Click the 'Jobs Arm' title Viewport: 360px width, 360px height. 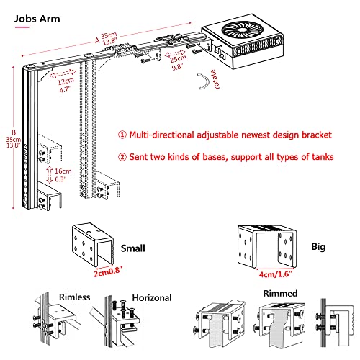click(x=37, y=19)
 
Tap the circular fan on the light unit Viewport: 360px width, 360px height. click(x=243, y=30)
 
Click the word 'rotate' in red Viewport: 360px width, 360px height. click(x=215, y=80)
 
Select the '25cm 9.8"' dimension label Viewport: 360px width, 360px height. click(x=178, y=63)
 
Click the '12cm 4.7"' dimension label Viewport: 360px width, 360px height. click(x=66, y=85)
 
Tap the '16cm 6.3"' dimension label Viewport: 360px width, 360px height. click(x=63, y=175)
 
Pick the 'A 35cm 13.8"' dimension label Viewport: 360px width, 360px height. click(x=107, y=39)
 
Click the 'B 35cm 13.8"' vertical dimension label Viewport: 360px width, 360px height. click(x=14, y=139)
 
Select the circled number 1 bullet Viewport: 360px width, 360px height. click(x=122, y=135)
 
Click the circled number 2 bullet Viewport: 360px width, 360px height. click(x=122, y=157)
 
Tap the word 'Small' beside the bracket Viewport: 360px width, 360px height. click(x=133, y=248)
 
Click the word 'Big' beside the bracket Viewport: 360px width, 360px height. click(x=318, y=247)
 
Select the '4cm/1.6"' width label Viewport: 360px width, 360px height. click(x=276, y=274)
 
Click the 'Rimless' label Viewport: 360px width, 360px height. click(x=75, y=297)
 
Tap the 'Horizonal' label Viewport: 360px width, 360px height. click(x=152, y=298)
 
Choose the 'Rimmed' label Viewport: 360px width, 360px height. click(x=280, y=293)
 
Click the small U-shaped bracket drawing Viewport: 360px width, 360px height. click(x=93, y=244)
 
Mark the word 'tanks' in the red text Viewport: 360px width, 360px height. click(x=323, y=157)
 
